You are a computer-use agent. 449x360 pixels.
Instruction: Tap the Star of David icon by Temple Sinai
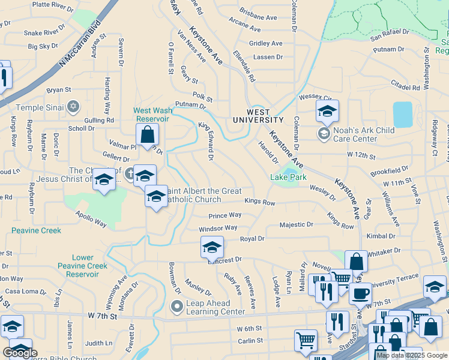click(x=73, y=107)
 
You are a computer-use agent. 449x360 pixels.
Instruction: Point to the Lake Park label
click(x=288, y=178)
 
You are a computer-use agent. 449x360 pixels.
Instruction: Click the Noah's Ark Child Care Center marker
click(x=324, y=132)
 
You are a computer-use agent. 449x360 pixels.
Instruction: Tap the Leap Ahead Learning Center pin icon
click(x=176, y=307)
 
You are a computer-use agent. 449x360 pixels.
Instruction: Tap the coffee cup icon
click(x=360, y=293)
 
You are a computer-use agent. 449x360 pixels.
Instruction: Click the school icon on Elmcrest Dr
click(x=212, y=247)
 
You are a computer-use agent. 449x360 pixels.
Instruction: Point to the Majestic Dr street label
click(x=297, y=224)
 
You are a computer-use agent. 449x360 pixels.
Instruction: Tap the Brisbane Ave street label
click(x=256, y=11)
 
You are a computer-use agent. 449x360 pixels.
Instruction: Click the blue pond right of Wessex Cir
click(x=402, y=114)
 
